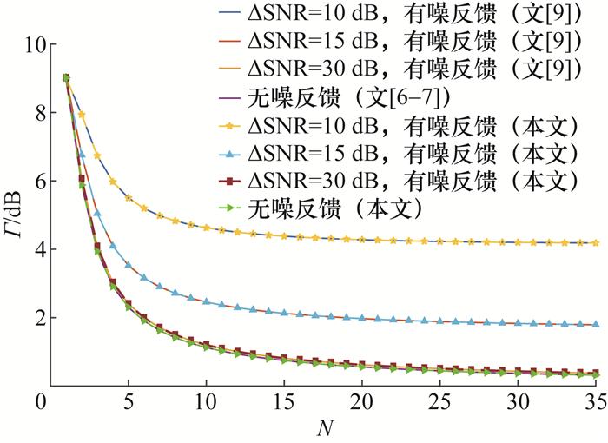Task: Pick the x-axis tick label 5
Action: coord(129,405)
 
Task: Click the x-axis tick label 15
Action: coord(284,405)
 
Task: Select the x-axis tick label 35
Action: coord(595,405)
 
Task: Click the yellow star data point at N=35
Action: coord(595,243)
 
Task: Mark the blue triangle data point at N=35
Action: coord(595,324)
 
